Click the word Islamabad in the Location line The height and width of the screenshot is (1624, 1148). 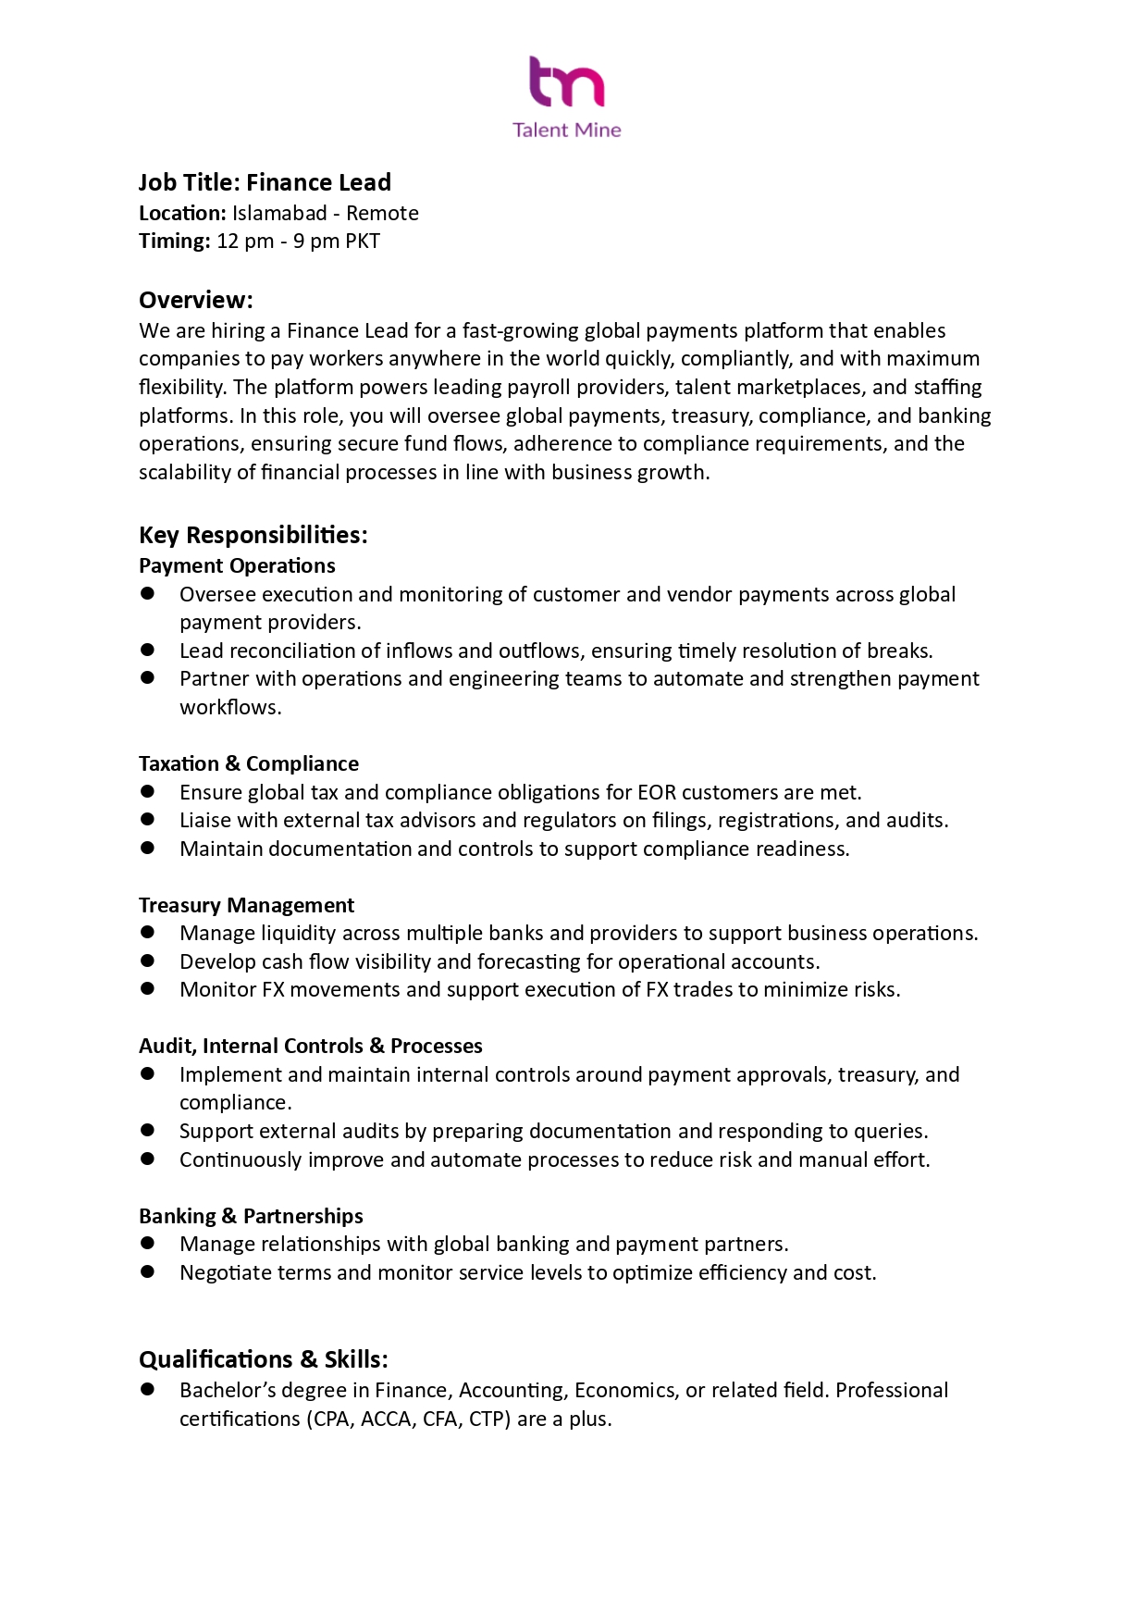pyautogui.click(x=279, y=214)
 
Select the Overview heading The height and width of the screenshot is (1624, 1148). pyautogui.click(x=195, y=300)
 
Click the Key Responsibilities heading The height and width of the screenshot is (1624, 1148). pyautogui.click(x=253, y=535)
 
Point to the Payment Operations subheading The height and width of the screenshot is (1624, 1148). pyautogui.click(x=237, y=565)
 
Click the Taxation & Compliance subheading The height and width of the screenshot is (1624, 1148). pyautogui.click(x=248, y=763)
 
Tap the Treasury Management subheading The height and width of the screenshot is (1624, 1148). pyautogui.click(x=246, y=905)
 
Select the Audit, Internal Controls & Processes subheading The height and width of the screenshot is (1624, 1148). pyautogui.click(x=310, y=1046)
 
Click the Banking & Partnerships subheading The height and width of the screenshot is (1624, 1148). pyautogui.click(x=251, y=1216)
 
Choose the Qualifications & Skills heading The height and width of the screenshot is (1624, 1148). pyautogui.click(x=263, y=1359)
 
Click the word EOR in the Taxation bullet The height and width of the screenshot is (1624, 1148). pyautogui.click(x=656, y=793)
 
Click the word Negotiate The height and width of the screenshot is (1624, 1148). pyautogui.click(x=226, y=1273)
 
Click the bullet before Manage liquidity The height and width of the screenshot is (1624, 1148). pyautogui.click(x=147, y=933)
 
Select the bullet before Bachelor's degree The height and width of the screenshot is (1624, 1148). pyautogui.click(x=147, y=1390)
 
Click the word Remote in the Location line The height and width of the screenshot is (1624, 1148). pyautogui.click(x=382, y=214)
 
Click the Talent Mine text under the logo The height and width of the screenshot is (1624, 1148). pyautogui.click(x=566, y=130)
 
